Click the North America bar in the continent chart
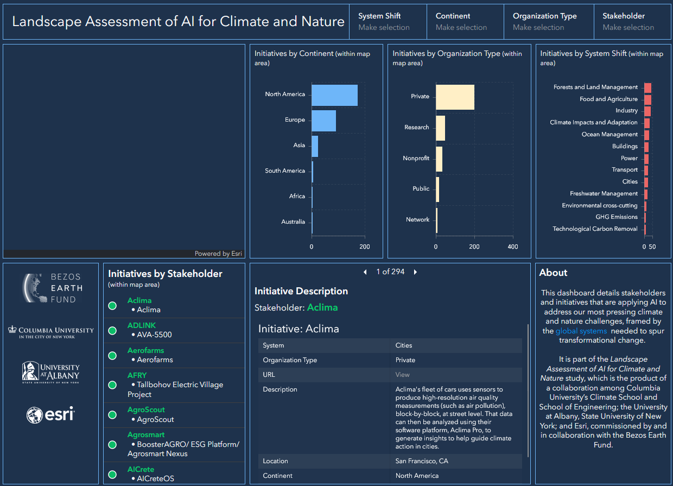pyautogui.click(x=334, y=95)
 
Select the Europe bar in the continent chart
pyautogui.click(x=323, y=120)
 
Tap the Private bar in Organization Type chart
pyautogui.click(x=455, y=97)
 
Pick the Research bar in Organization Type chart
pyautogui.click(x=440, y=128)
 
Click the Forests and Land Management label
pyautogui.click(x=595, y=87)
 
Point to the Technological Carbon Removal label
pyautogui.click(x=595, y=229)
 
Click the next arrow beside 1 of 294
pyautogui.click(x=416, y=272)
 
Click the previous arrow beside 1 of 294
pyautogui.click(x=365, y=272)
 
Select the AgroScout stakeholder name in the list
pyautogui.click(x=146, y=409)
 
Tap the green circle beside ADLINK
pyautogui.click(x=112, y=331)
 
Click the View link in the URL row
pyautogui.click(x=402, y=375)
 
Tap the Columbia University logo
pyautogui.click(x=50, y=331)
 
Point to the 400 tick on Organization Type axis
pyautogui.click(x=512, y=247)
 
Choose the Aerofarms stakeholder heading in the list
pyautogui.click(x=145, y=350)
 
